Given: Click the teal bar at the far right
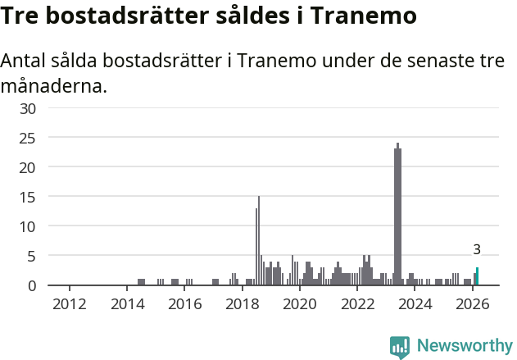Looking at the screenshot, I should pyautogui.click(x=478, y=276).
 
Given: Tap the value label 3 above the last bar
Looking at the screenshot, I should pyautogui.click(x=477, y=249).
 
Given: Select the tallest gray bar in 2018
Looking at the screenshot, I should pyautogui.click(x=259, y=241).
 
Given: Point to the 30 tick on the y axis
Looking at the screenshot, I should pyautogui.click(x=28, y=108).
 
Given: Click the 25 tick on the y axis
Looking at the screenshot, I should pyautogui.click(x=28, y=138).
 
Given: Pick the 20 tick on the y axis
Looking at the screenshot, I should pyautogui.click(x=28, y=167).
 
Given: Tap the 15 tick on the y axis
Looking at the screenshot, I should pyautogui.click(x=28, y=197).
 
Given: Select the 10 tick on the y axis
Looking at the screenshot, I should pyautogui.click(x=28, y=226).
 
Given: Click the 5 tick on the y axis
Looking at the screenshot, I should pyautogui.click(x=32, y=256).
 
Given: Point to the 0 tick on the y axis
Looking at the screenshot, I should pyautogui.click(x=32, y=285).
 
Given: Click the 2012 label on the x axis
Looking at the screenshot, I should pyautogui.click(x=69, y=304).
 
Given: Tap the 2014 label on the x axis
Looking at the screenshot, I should pyautogui.click(x=127, y=304).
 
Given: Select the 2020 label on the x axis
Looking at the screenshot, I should pyautogui.click(x=300, y=304).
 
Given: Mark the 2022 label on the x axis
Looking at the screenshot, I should pyautogui.click(x=357, y=304).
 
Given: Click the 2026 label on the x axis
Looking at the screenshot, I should pyautogui.click(x=472, y=304).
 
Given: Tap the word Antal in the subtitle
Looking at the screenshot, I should pyautogui.click(x=25, y=62).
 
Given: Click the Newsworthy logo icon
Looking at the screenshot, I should pyautogui.click(x=400, y=347).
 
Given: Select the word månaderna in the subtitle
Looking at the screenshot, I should pyautogui.click(x=53, y=85).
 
